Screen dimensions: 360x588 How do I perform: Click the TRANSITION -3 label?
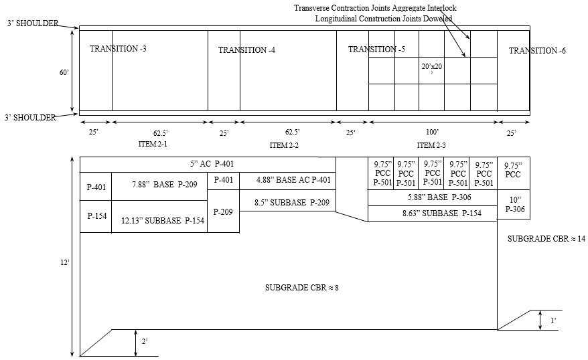(x=118, y=49)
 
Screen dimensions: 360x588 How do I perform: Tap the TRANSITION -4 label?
(x=246, y=50)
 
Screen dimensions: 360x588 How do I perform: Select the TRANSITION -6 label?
(x=537, y=51)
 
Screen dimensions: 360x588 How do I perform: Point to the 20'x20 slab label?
(x=432, y=67)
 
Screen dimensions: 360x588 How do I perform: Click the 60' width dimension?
(x=64, y=73)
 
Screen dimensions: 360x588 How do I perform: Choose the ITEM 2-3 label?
(x=431, y=145)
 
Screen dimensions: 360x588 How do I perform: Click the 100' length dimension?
(x=432, y=132)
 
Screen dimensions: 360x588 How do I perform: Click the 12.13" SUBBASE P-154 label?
(x=163, y=221)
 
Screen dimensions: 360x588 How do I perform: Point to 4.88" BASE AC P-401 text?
(x=294, y=179)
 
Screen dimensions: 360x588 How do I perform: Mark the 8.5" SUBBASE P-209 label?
(x=293, y=202)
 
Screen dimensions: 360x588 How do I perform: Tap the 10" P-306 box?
(x=514, y=204)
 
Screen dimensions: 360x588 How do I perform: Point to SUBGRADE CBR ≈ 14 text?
(x=546, y=239)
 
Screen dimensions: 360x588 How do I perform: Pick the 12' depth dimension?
(x=64, y=263)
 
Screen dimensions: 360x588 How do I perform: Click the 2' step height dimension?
(x=144, y=342)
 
